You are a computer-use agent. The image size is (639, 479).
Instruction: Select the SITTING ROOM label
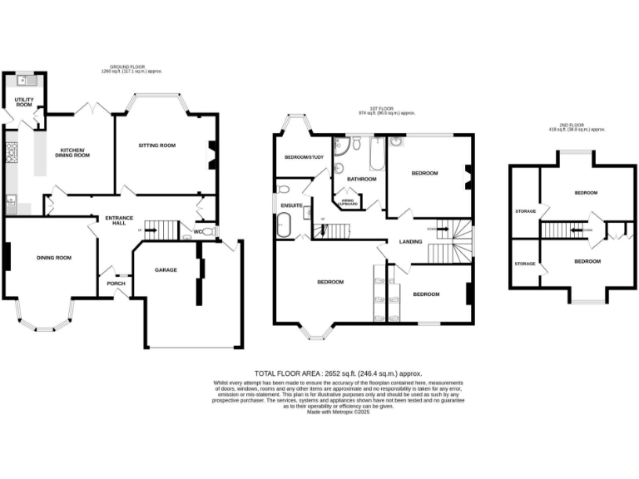(157, 146)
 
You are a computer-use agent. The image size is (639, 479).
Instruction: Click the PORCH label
(116, 283)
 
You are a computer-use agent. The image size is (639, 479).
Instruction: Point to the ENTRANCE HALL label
(114, 220)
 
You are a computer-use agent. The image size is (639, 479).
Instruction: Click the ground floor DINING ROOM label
(53, 258)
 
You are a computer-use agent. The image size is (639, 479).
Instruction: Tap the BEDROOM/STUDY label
(303, 157)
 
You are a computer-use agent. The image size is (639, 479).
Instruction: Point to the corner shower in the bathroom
(341, 146)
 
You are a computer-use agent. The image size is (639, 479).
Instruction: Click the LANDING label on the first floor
(410, 242)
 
